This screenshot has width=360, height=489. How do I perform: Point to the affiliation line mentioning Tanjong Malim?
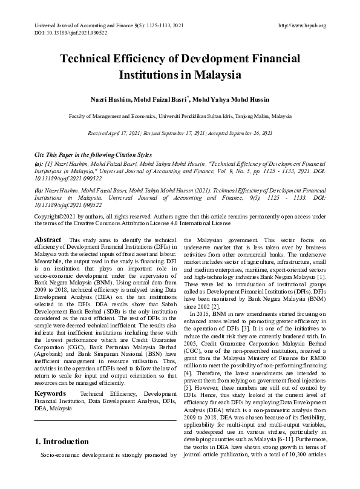coord(180,115)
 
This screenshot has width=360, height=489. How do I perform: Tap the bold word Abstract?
coord(48,240)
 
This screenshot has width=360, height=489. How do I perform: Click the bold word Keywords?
coord(50,394)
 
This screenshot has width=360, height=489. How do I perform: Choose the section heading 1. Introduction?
coord(62,441)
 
